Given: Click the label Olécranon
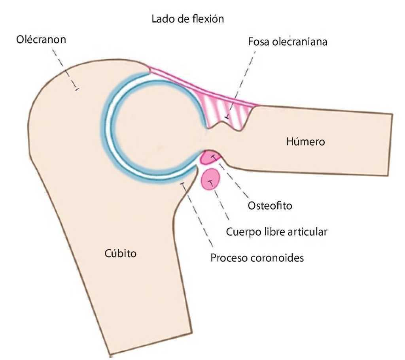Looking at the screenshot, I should [x=41, y=40].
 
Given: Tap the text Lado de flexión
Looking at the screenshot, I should [x=188, y=19].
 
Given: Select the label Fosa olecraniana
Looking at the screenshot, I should [x=288, y=41].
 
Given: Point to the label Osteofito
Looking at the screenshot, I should [x=270, y=206].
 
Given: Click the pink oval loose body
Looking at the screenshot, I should [x=210, y=179].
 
